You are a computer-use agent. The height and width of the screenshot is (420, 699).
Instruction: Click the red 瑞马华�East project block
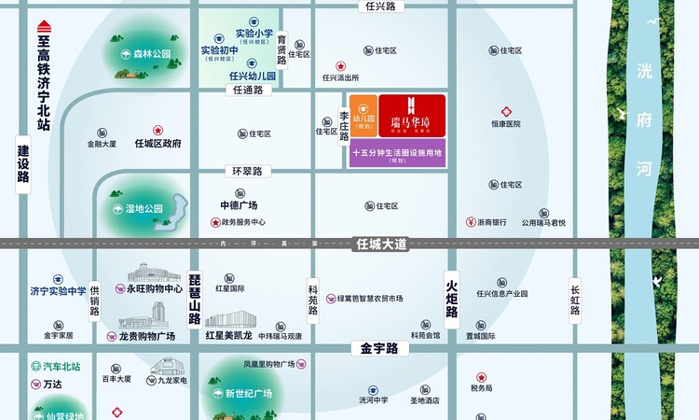412,116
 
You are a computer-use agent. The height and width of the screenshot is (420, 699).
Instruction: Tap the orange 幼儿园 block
363,116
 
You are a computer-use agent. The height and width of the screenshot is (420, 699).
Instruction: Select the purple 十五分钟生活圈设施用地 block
398,153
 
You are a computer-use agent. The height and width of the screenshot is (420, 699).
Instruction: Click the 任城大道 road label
382,245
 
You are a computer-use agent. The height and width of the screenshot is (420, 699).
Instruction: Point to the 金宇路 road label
375,348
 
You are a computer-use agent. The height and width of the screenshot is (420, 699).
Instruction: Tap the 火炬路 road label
452,292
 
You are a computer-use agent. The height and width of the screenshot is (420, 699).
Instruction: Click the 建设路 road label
23,164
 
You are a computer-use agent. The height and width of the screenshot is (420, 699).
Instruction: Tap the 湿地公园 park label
144,208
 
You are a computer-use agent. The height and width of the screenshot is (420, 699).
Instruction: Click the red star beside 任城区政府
158,131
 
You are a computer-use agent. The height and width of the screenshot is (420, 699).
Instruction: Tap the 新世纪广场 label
248,394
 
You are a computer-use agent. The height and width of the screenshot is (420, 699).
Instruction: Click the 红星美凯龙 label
228,335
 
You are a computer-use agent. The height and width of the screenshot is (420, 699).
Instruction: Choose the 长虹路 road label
575,298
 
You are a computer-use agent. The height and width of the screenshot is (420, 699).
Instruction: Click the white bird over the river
658,279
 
